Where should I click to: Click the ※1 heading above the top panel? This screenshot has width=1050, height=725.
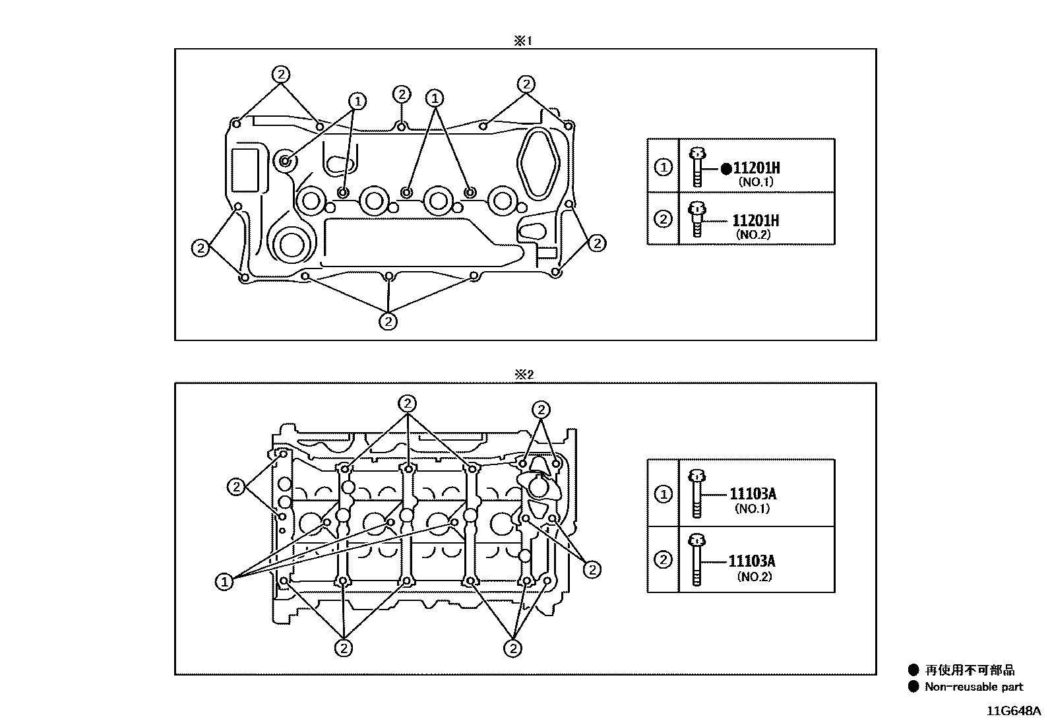click(x=522, y=41)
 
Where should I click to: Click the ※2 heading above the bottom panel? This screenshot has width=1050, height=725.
click(x=524, y=374)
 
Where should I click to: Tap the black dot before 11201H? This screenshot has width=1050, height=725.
click(x=726, y=168)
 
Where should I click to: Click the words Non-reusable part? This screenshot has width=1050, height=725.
click(x=973, y=687)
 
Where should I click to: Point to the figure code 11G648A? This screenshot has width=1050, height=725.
click(x=1014, y=711)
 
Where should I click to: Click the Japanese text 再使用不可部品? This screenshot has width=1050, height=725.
click(x=970, y=670)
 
